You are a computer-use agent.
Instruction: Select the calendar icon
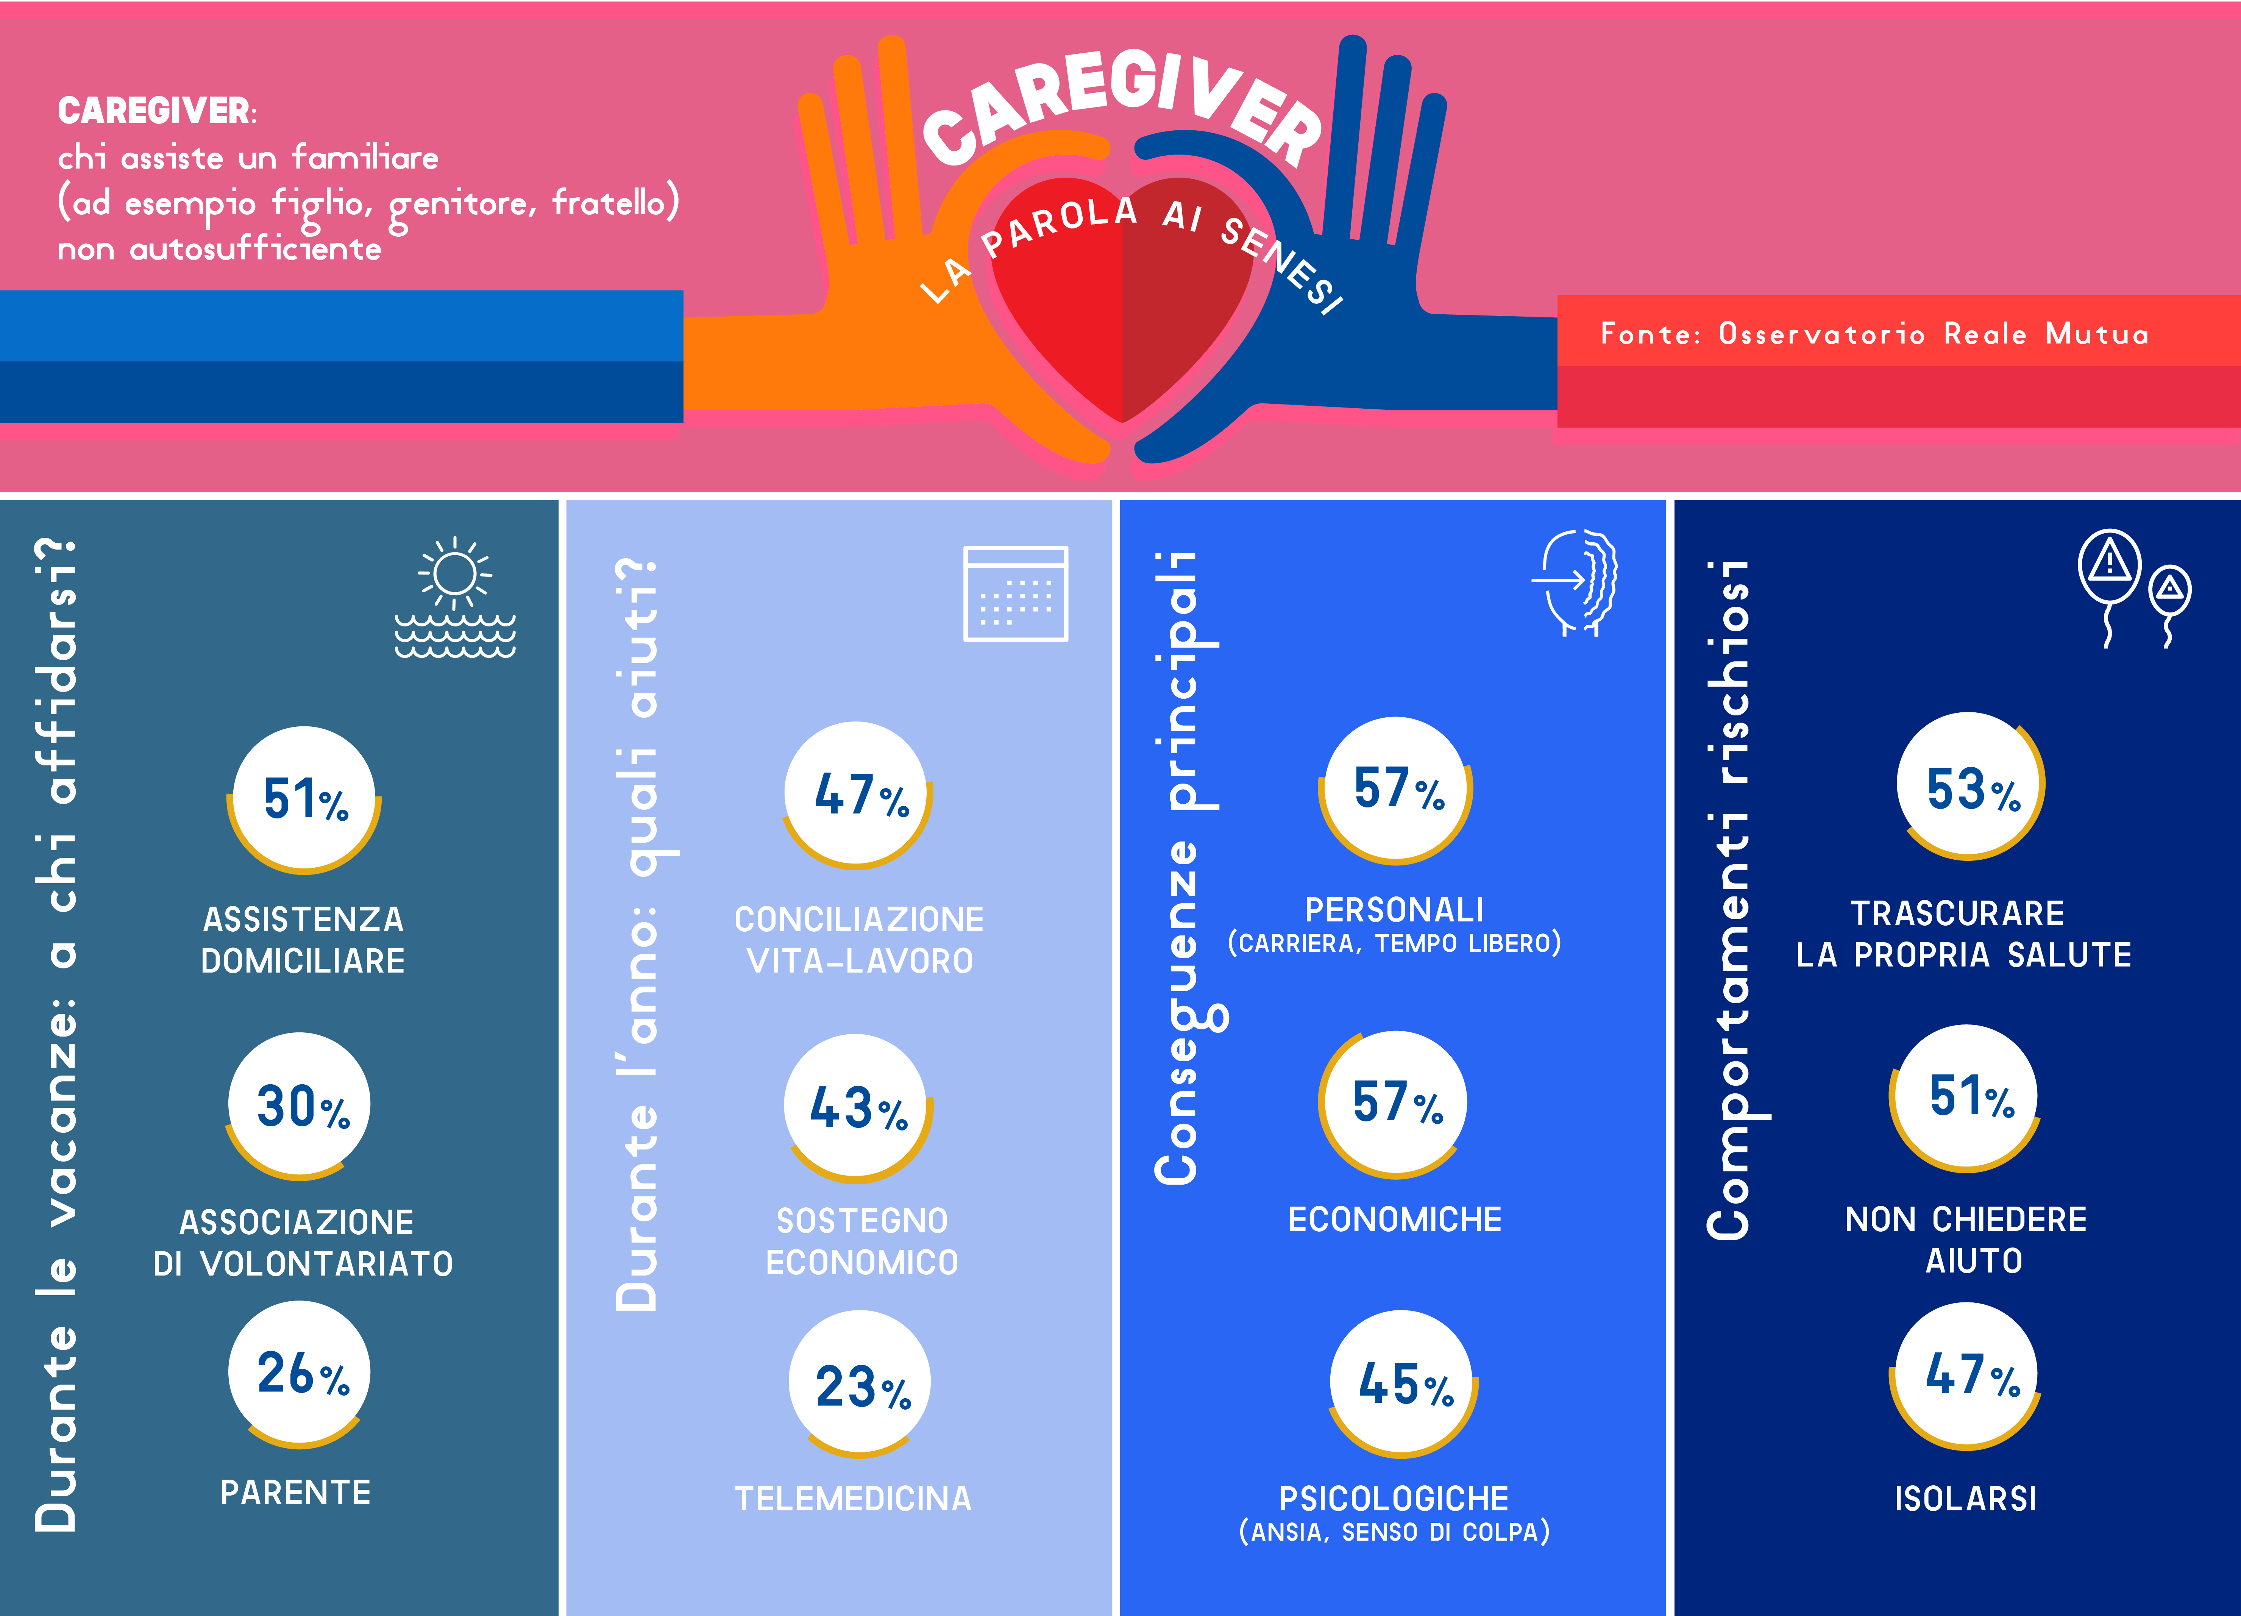1016,593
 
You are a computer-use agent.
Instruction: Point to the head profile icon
1578,583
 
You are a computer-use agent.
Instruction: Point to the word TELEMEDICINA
853,1498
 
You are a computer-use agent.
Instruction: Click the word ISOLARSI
1965,1498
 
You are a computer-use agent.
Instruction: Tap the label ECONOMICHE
1394,1219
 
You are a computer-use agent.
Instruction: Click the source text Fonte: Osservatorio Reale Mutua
1874,334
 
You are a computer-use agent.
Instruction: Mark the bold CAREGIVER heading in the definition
155,111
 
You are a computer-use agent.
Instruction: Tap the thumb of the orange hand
1038,158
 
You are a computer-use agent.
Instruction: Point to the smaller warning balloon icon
2170,591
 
